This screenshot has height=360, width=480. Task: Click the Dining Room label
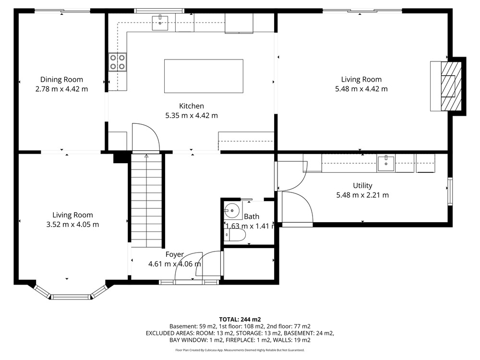click(x=61, y=80)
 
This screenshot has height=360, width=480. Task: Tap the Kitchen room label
click(x=192, y=106)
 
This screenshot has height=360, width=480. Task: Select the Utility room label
click(x=362, y=185)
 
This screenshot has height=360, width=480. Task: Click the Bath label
click(x=252, y=216)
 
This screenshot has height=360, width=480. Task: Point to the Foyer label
click(x=175, y=254)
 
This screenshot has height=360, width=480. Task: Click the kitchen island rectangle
click(x=204, y=76)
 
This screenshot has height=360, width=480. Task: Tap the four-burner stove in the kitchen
click(x=118, y=62)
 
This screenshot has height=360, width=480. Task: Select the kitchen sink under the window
click(x=160, y=23)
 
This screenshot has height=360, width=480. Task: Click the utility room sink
click(x=386, y=164)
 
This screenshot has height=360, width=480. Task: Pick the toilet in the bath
click(x=235, y=236)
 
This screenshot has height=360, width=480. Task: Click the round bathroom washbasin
click(x=232, y=211)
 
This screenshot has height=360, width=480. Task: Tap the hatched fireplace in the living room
click(x=451, y=86)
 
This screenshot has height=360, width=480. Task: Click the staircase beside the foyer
click(x=146, y=201)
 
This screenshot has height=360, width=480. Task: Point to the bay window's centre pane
click(x=71, y=297)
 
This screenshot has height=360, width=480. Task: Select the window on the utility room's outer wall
click(x=450, y=192)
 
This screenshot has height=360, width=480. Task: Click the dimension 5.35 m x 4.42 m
click(x=192, y=116)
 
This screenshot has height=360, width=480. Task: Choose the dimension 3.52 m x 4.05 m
click(x=72, y=225)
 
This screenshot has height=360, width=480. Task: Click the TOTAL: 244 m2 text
click(x=240, y=320)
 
